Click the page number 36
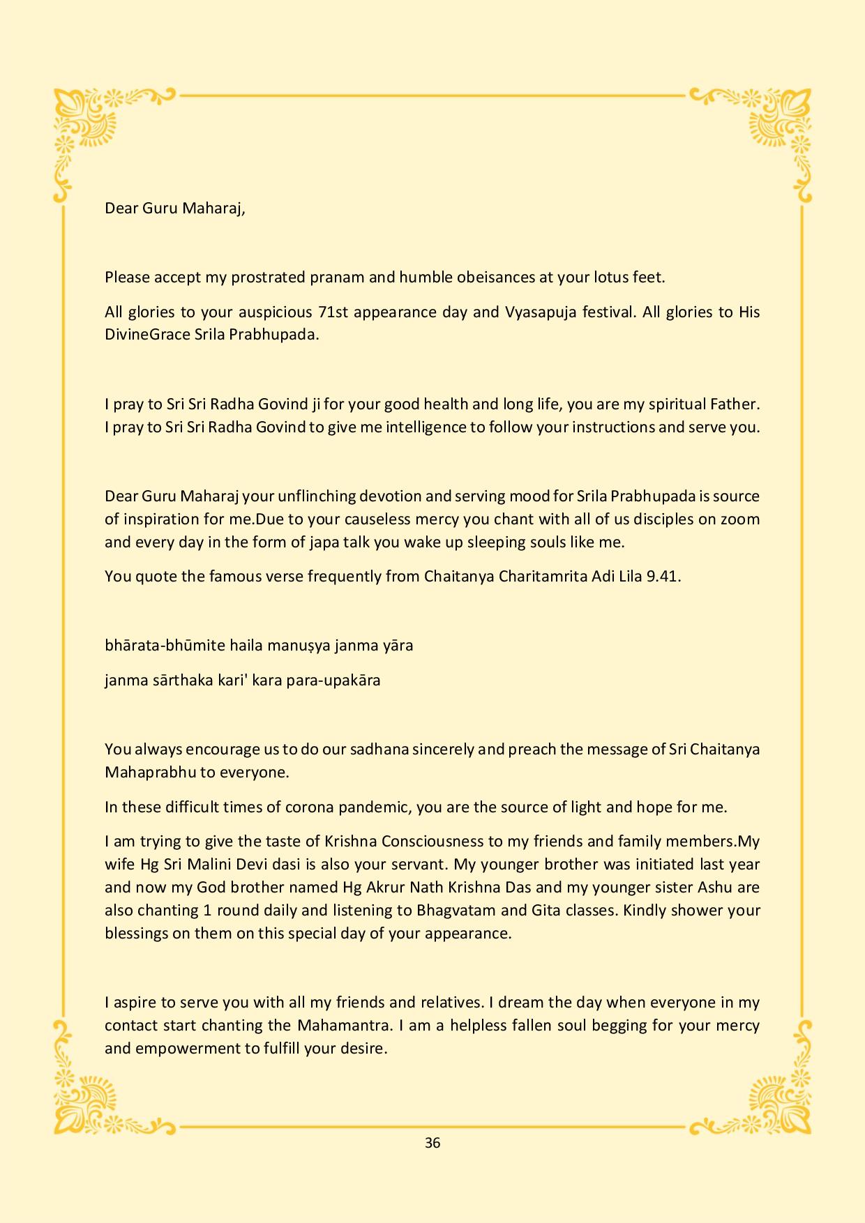(x=433, y=1143)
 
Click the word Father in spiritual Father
(x=733, y=404)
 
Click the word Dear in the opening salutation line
(x=121, y=208)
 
